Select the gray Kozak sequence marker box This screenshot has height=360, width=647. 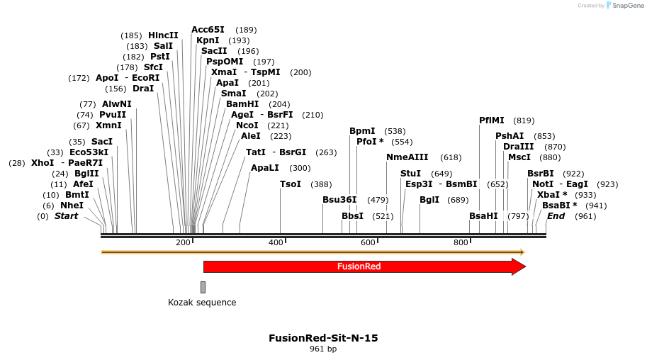click(x=203, y=287)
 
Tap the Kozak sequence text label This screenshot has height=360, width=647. click(x=202, y=303)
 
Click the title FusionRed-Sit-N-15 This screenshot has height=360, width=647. click(x=323, y=338)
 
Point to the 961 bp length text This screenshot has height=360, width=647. click(x=323, y=349)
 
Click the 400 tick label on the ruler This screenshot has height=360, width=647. click(x=276, y=243)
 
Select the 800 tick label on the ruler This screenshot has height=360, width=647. click(x=461, y=243)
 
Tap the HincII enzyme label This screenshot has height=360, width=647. click(x=163, y=35)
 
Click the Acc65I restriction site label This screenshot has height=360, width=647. click(x=208, y=30)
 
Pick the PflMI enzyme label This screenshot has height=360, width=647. click(x=492, y=120)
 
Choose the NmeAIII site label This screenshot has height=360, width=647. click(x=407, y=157)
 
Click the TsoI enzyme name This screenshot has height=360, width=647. click(x=291, y=184)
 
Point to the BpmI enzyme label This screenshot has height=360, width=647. click(x=362, y=131)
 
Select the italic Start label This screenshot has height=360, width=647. click(x=67, y=216)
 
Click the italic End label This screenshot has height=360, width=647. click(x=556, y=216)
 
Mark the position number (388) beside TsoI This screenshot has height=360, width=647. click(x=321, y=184)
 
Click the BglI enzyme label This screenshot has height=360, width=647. click(x=429, y=200)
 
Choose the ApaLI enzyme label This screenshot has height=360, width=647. click(x=265, y=168)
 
